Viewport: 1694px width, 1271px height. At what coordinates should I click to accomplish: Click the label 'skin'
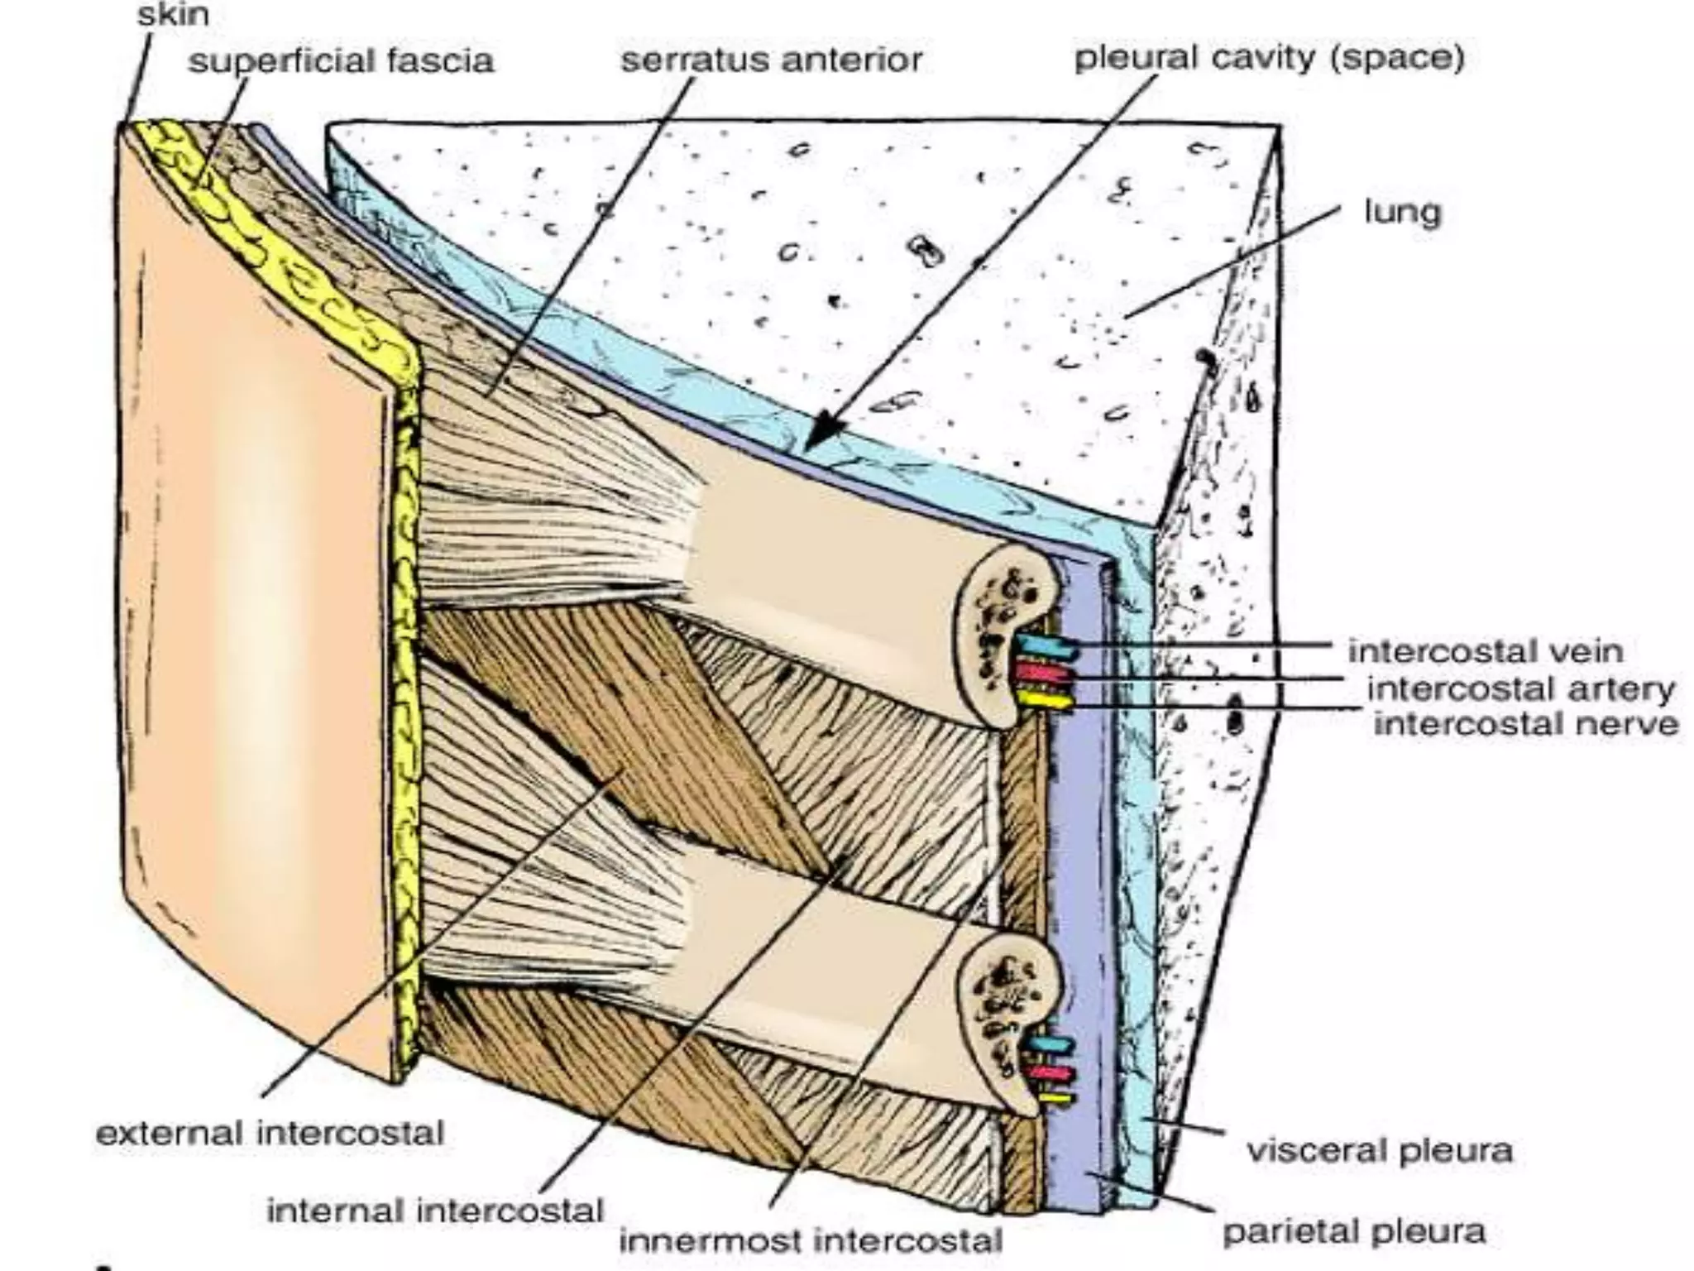pos(173,15)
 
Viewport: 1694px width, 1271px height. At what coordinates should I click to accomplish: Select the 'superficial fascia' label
pos(341,60)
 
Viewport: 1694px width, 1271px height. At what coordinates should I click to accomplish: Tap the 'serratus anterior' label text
pos(771,60)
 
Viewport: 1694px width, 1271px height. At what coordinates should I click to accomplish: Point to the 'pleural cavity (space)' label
pos(1269,58)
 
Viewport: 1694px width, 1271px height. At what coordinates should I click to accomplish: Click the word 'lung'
pos(1402,213)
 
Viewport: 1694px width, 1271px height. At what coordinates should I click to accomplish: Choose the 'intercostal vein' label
pos(1485,650)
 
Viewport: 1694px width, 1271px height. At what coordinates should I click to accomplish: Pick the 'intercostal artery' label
pos(1520,688)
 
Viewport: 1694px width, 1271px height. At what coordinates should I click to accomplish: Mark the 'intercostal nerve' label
pos(1526,724)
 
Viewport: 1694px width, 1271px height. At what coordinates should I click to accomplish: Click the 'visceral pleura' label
pos(1379,1150)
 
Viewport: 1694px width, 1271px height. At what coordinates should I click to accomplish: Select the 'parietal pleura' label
pos(1354,1230)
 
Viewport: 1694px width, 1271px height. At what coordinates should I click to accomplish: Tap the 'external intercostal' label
pos(270,1132)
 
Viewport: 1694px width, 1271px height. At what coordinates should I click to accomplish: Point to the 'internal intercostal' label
pos(435,1211)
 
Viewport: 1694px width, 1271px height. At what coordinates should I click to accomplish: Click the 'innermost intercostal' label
pos(811,1240)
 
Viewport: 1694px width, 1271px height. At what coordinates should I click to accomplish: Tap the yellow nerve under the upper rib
pos(1046,701)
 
